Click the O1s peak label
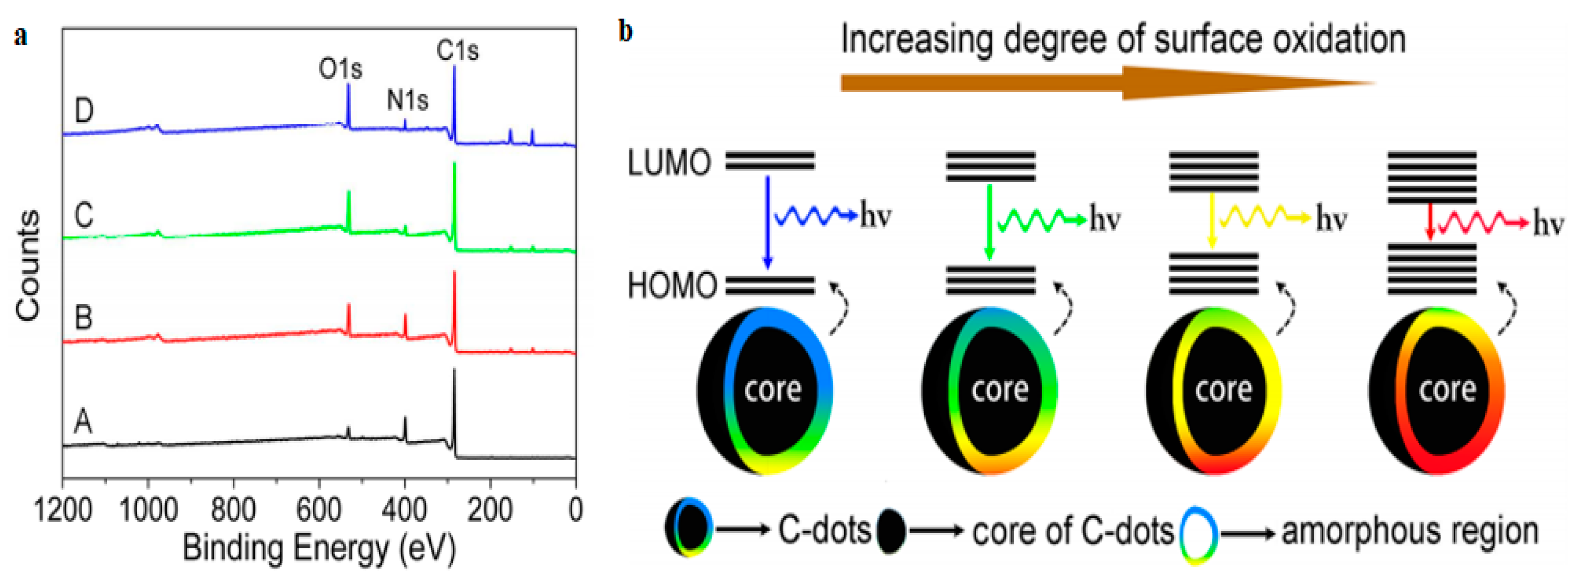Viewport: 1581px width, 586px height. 340,69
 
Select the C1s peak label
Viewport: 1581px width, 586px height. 457,50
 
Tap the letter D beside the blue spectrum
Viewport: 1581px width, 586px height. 84,111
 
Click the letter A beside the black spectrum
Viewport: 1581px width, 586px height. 83,422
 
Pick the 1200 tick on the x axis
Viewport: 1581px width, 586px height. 63,510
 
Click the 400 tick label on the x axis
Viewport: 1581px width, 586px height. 404,510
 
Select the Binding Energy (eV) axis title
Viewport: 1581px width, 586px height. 319,548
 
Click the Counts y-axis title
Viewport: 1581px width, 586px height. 27,265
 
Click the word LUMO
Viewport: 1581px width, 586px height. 669,164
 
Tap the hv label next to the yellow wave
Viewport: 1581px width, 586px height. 1331,219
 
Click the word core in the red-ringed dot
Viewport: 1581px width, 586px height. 1447,389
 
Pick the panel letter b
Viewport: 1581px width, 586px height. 625,31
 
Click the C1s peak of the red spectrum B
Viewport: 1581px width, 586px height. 454,307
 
